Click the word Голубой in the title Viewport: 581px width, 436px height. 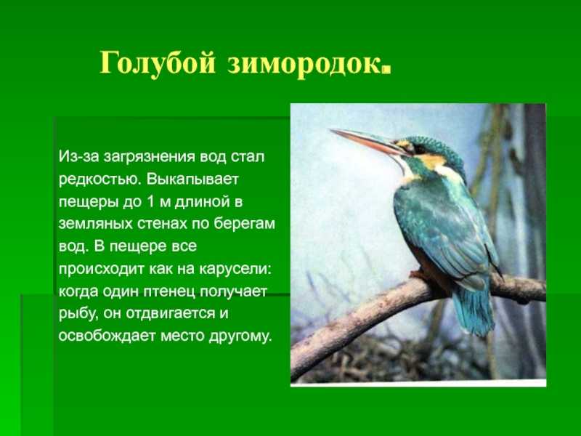(x=158, y=63)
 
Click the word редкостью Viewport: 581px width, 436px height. (x=98, y=179)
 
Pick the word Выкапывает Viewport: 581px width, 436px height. (x=192, y=179)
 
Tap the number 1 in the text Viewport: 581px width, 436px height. (x=150, y=202)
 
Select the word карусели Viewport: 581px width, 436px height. (x=235, y=269)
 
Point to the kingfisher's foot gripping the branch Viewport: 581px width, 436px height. (x=420, y=276)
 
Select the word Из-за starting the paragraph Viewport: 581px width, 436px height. (x=78, y=157)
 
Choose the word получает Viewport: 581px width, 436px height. (x=233, y=292)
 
